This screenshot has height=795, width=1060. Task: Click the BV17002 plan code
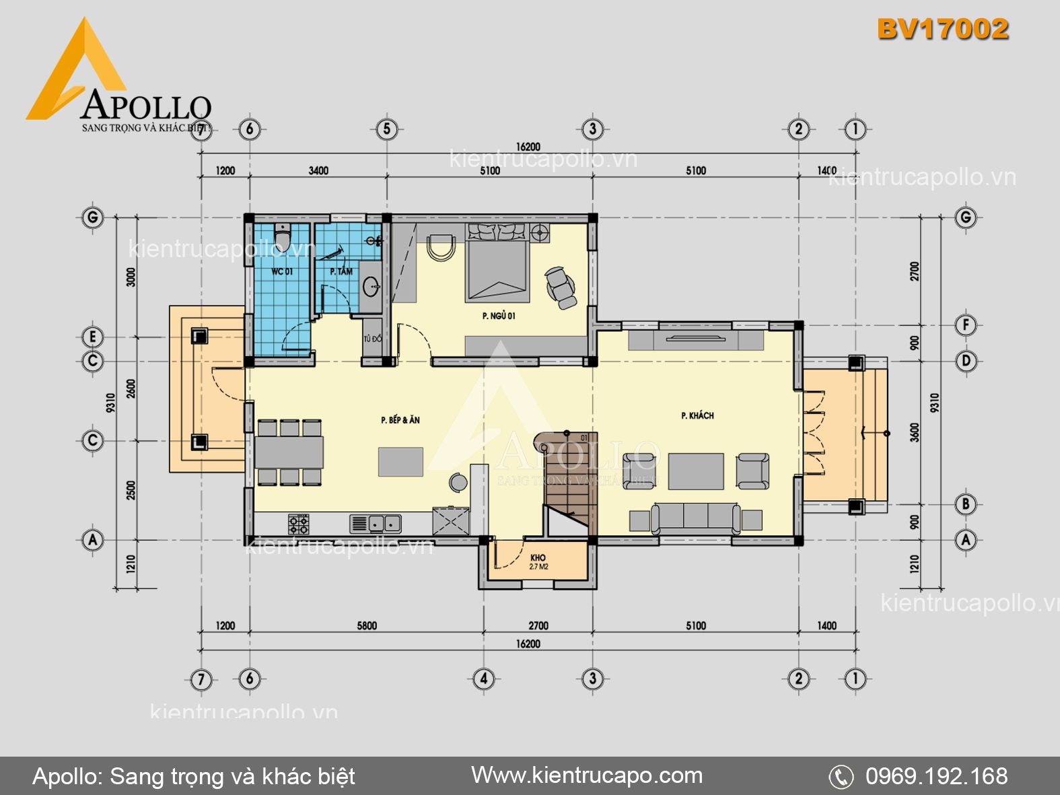942,29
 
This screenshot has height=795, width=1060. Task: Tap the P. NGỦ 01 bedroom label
499,316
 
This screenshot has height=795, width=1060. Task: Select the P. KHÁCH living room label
697,416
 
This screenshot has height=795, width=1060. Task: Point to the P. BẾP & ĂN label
400,420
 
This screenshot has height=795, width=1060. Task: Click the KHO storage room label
538,558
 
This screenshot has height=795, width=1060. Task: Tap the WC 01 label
282,271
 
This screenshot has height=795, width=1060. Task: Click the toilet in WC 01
283,236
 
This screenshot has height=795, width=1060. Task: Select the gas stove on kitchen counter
299,524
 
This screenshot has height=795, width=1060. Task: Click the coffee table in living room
696,471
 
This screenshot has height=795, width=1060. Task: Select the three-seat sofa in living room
695,518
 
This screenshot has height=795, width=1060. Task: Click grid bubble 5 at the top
386,129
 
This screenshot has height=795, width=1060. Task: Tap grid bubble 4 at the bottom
483,679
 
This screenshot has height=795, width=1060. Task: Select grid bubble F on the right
966,325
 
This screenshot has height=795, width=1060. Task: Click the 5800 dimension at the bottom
367,626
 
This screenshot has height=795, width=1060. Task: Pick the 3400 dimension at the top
318,170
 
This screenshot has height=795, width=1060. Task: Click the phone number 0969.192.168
936,776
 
